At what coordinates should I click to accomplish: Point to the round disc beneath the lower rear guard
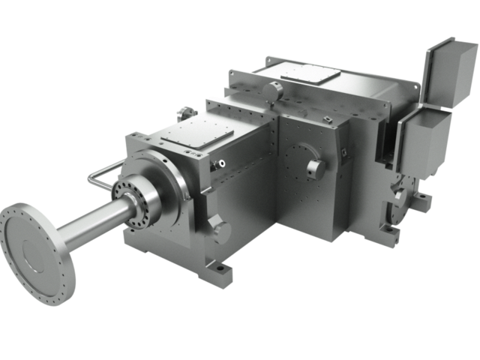[400, 199]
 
